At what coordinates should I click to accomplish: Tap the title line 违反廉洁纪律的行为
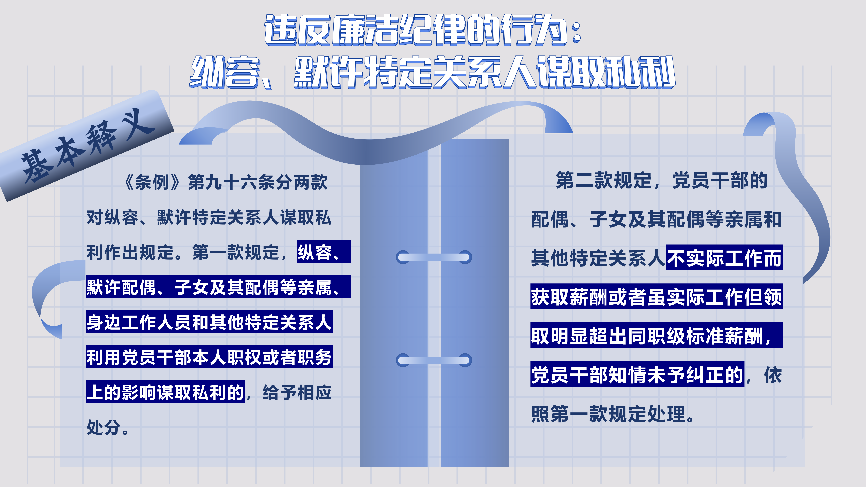pyautogui.click(x=422, y=30)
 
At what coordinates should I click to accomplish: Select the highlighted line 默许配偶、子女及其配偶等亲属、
pyautogui.click(x=218, y=287)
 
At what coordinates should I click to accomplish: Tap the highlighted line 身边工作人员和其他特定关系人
pyautogui.click(x=209, y=322)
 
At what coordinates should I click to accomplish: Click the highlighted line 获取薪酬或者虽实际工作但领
pyautogui.click(x=656, y=296)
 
